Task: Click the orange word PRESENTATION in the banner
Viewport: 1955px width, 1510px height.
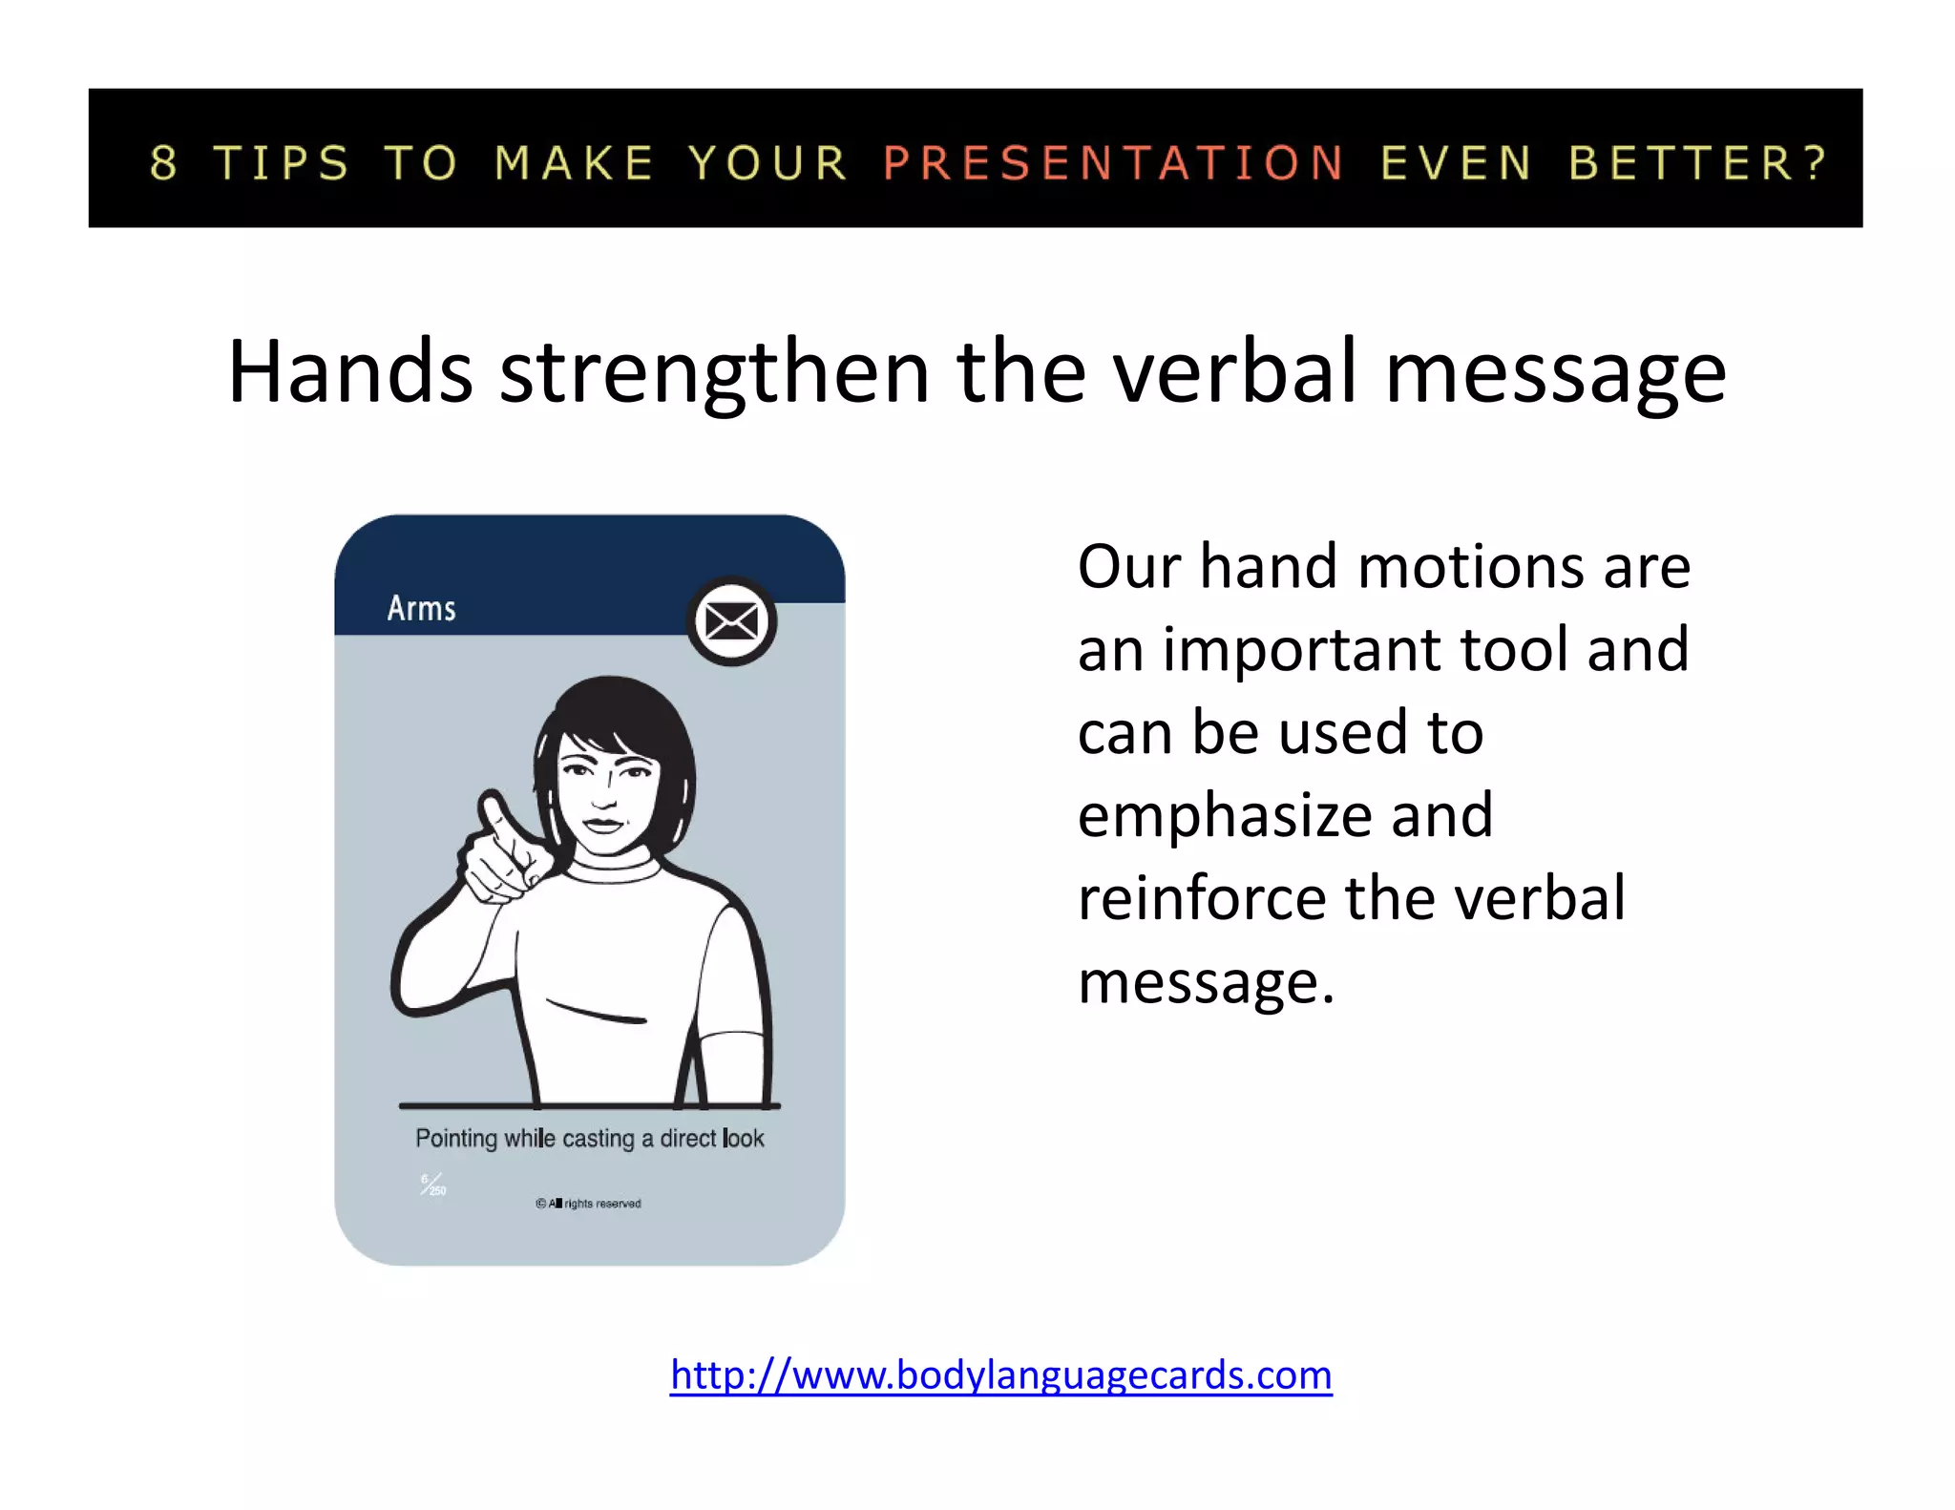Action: [1113, 162]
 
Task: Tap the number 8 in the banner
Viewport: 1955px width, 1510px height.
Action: [164, 162]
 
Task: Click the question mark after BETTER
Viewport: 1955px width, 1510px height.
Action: [1816, 162]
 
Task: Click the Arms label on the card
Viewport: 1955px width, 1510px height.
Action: [421, 608]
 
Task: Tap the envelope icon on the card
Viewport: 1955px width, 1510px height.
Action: [731, 622]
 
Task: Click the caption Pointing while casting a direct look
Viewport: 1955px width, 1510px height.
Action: [589, 1138]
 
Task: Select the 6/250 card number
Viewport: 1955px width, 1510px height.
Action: [432, 1185]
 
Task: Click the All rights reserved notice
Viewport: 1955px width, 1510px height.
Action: [588, 1204]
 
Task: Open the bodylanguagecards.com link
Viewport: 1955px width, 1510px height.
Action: [1000, 1374]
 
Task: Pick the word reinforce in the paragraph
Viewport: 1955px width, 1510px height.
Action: [1202, 898]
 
